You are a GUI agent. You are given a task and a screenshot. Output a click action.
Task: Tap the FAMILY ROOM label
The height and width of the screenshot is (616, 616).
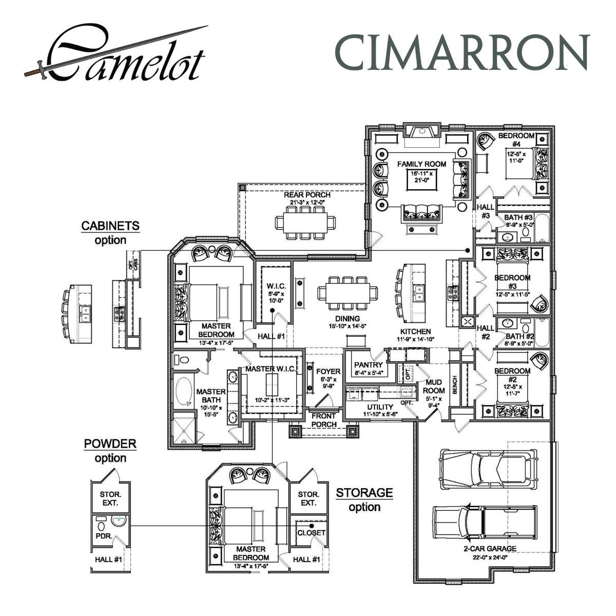coord(421,164)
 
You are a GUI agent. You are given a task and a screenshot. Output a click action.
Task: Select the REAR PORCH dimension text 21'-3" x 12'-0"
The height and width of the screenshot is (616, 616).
coord(307,202)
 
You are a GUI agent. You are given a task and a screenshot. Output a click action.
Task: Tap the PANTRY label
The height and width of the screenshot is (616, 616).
coord(369,365)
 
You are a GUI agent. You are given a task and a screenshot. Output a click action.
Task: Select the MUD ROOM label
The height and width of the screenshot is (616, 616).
coord(434,387)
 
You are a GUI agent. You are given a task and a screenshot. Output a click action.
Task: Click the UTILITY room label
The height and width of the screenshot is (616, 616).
coord(380,407)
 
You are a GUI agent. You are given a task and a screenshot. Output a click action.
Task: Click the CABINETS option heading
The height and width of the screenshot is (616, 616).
coord(110,226)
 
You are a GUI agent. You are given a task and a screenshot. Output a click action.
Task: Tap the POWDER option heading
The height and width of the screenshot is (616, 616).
coord(110,444)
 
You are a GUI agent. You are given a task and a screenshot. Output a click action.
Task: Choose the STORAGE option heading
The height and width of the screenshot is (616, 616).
coord(364,493)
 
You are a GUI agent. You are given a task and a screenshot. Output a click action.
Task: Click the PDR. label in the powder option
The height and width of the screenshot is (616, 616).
coord(101,534)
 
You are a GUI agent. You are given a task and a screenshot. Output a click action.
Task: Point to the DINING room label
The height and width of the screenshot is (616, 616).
coord(347,318)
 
